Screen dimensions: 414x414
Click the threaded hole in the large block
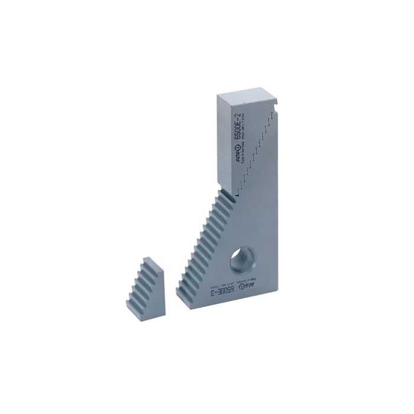(x=244, y=257)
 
